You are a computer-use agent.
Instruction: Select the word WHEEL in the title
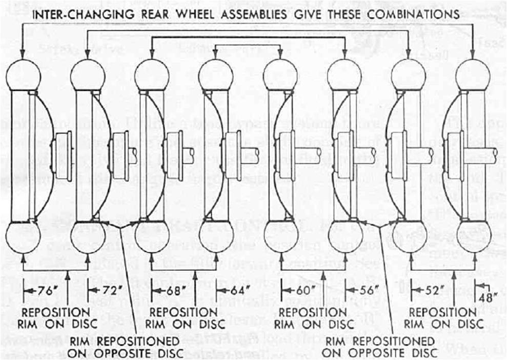point(183,14)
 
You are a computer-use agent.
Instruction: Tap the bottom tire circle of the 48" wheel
point(473,235)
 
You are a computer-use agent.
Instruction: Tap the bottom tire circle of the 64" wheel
point(216,235)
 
